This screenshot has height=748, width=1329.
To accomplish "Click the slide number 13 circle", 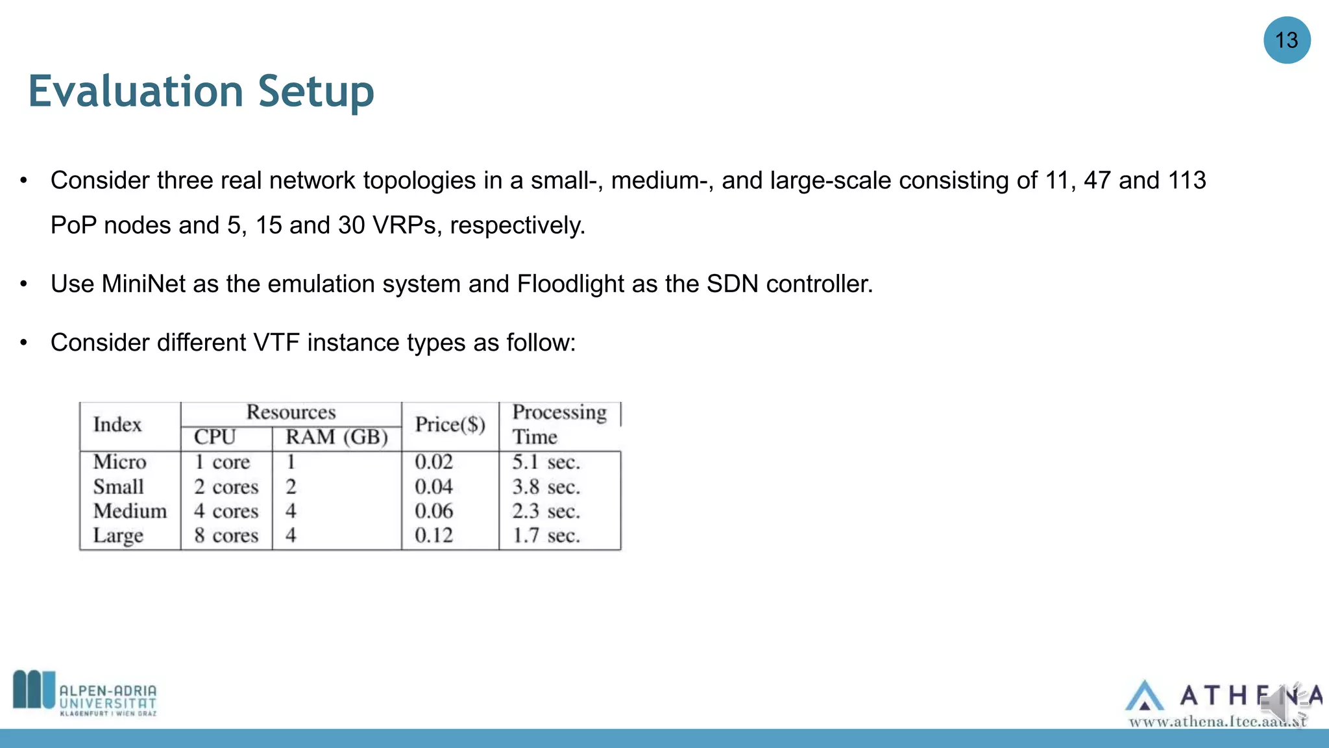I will tap(1286, 40).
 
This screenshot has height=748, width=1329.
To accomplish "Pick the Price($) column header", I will tap(450, 425).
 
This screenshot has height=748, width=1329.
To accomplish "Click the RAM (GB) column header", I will tap(336, 437).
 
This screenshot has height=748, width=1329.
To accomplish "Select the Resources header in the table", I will tap(291, 412).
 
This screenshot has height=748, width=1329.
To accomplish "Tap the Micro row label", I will tap(120, 462).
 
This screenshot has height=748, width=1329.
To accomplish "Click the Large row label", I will tap(118, 536).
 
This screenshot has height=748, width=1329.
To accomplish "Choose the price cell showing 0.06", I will tap(433, 511).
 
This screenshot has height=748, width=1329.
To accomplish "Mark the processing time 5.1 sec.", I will tap(546, 462).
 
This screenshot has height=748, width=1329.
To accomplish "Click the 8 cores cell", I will tap(226, 536).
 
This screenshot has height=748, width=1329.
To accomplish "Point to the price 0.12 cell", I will tap(433, 536).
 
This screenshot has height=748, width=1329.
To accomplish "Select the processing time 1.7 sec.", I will tap(546, 536).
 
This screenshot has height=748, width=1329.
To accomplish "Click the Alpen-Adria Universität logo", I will tap(85, 693).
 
